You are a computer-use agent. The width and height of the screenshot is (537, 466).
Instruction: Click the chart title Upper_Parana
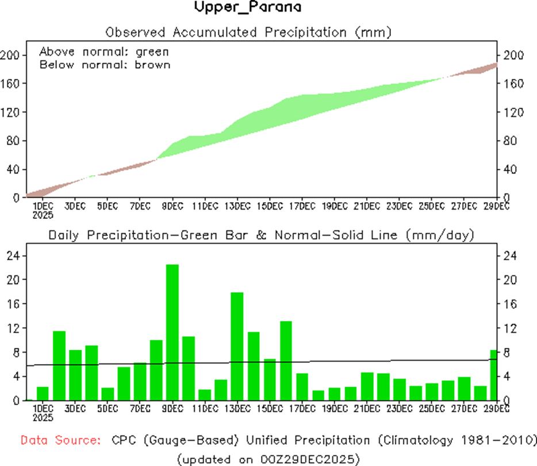(248, 8)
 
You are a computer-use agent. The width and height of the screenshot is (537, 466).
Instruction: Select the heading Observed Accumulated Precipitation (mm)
(249, 32)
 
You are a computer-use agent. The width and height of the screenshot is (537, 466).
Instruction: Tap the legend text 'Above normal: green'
(104, 52)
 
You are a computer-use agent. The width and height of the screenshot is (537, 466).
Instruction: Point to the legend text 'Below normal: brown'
(105, 65)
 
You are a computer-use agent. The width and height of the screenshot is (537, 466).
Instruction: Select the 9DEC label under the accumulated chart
(172, 206)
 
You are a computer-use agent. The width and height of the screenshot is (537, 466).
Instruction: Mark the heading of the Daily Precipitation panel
(260, 235)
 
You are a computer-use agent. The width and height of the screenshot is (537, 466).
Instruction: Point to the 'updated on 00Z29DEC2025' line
(268, 459)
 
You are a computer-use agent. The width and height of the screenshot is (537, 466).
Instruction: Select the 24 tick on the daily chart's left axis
(13, 255)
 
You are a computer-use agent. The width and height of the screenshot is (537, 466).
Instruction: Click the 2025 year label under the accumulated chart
(42, 215)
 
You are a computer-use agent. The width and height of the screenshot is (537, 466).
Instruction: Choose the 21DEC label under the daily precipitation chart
(366, 409)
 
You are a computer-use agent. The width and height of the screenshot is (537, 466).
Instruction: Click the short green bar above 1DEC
(43, 393)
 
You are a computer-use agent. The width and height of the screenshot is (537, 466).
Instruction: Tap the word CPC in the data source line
(120, 441)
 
